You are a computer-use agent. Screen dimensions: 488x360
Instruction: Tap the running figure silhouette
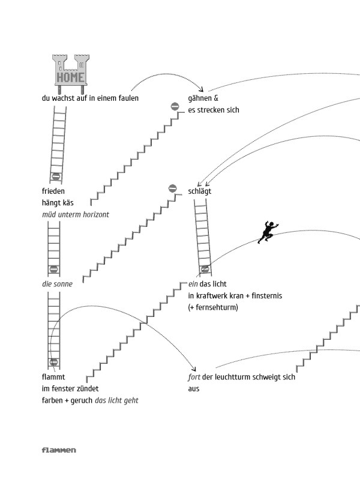(x=268, y=232)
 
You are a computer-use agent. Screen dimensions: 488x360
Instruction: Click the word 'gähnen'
(x=200, y=98)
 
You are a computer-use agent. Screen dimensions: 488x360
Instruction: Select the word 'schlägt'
(x=199, y=191)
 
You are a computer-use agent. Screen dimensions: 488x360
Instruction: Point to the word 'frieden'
(x=53, y=191)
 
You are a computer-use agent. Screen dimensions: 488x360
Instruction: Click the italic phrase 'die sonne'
(x=57, y=284)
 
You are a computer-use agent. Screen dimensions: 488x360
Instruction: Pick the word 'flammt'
(x=53, y=377)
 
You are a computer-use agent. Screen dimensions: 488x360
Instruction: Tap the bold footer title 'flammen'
(x=59, y=450)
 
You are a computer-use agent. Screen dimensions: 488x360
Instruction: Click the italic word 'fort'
(x=193, y=377)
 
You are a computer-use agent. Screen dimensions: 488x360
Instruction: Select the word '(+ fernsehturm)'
(x=213, y=307)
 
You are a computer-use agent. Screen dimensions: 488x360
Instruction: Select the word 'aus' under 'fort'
(x=193, y=389)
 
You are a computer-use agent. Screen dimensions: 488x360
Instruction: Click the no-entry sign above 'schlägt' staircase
(x=172, y=188)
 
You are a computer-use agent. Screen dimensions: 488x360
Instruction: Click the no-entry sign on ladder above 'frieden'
(x=56, y=176)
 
